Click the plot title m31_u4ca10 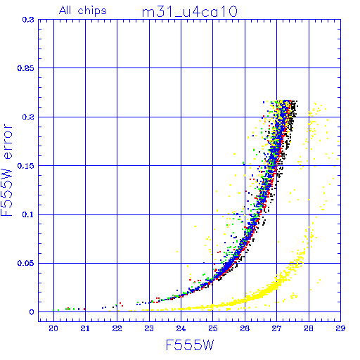pyautogui.click(x=190, y=12)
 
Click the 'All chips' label pyautogui.click(x=83, y=11)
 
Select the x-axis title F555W pyautogui.click(x=190, y=345)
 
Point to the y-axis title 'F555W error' pyautogui.click(x=6, y=169)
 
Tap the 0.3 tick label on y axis pyautogui.click(x=28, y=20)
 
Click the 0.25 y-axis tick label pyautogui.click(x=26, y=68)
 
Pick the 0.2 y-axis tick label pyautogui.click(x=28, y=117)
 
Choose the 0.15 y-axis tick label pyautogui.click(x=26, y=166)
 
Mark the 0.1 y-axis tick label pyautogui.click(x=28, y=214)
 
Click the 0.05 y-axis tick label pyautogui.click(x=26, y=263)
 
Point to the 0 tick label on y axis pyautogui.click(x=32, y=312)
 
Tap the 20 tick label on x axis pyautogui.click(x=53, y=328)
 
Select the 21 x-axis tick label pyautogui.click(x=85, y=328)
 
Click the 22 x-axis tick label pyautogui.click(x=117, y=328)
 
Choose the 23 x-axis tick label pyautogui.click(x=149, y=328)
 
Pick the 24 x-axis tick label pyautogui.click(x=181, y=328)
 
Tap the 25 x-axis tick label pyautogui.click(x=213, y=328)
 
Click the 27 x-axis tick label pyautogui.click(x=276, y=328)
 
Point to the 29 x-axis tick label pyautogui.click(x=340, y=328)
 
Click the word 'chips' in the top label pyautogui.click(x=92, y=11)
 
